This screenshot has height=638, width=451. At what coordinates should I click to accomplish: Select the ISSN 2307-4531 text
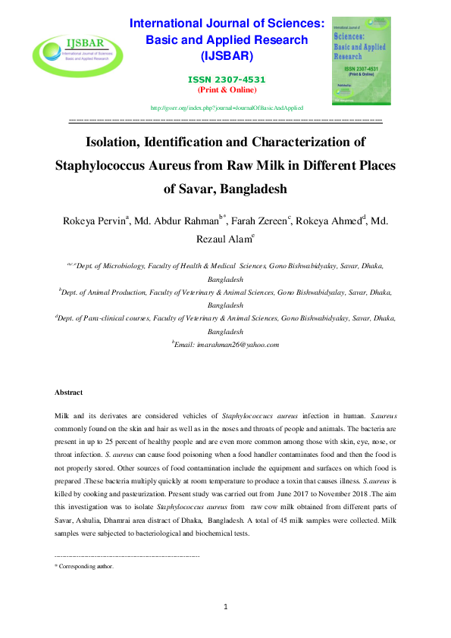point(227,80)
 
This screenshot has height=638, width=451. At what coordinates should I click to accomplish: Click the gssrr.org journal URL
point(227,108)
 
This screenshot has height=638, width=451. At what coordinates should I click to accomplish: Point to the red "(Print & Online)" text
point(227,89)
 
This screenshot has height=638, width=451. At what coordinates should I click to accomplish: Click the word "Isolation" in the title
point(116,142)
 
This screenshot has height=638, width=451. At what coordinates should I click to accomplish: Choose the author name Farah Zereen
point(259,221)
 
